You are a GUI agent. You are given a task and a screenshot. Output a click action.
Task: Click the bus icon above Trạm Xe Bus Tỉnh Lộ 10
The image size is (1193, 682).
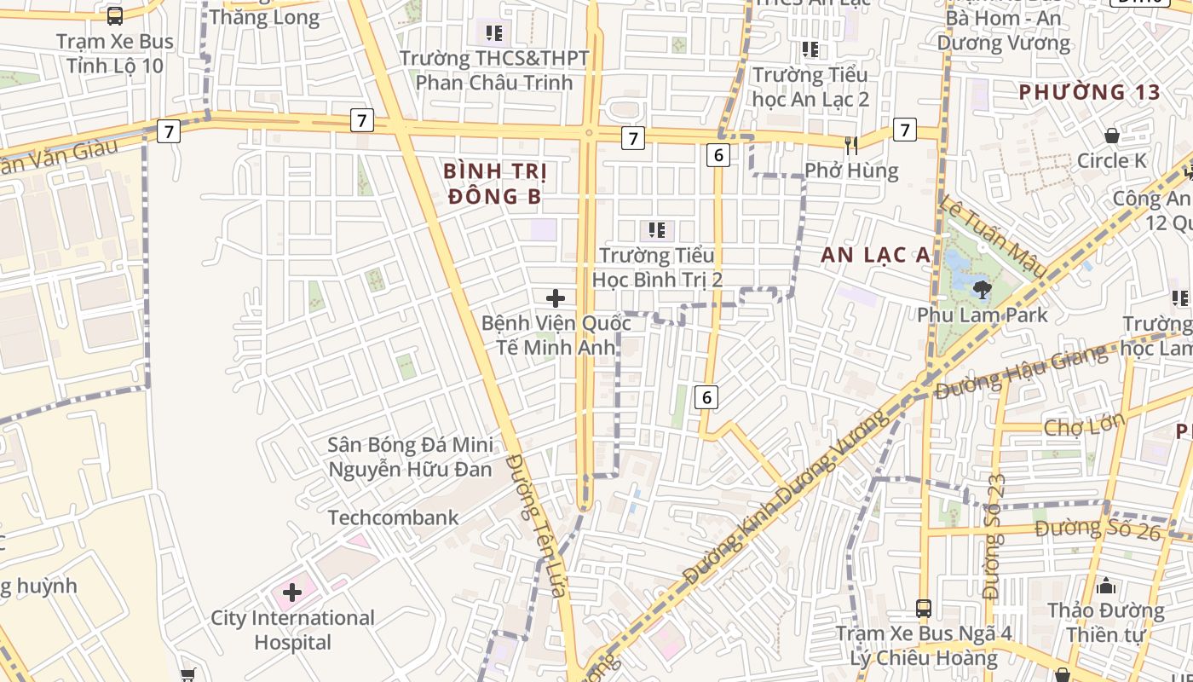115,15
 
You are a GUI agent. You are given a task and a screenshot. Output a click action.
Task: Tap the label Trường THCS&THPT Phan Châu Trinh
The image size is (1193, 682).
494,70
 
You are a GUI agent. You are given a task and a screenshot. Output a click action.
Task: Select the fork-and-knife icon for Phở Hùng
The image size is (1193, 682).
850,145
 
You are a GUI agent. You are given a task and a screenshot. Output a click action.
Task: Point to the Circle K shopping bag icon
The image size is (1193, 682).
1111,136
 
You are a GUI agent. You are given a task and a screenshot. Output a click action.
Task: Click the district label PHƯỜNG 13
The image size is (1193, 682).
1090,92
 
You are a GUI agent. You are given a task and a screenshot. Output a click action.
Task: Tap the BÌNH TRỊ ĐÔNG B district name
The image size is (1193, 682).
494,183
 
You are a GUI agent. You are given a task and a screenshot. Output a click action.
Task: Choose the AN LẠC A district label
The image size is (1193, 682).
875,254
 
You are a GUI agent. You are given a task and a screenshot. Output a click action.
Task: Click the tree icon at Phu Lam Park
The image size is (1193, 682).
982,289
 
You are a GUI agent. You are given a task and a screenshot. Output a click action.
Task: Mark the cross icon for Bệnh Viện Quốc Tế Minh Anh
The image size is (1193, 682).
556,298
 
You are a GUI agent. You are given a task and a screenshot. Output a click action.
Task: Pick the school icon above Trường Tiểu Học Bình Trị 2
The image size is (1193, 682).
656,229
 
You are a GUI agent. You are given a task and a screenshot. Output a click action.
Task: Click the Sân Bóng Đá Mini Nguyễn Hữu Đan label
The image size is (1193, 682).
410,457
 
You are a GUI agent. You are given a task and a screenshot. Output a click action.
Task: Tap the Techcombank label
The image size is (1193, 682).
393,517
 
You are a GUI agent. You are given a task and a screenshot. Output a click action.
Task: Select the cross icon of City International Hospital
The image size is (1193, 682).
292,592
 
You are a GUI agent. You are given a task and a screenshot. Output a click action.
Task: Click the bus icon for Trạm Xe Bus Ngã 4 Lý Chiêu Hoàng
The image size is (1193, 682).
923,609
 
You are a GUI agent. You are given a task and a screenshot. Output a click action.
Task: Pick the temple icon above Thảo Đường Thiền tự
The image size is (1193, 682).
1106,586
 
